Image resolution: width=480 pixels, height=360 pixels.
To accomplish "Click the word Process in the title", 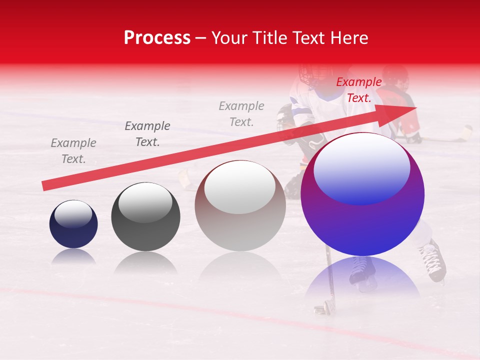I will (x=157, y=38).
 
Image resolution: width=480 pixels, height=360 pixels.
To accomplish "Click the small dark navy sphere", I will (x=73, y=224).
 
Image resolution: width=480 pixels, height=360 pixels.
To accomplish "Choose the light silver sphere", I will (x=240, y=205).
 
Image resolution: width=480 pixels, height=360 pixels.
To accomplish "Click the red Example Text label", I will (x=358, y=90).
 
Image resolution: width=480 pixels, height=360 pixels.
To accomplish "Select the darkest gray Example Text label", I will (x=147, y=133).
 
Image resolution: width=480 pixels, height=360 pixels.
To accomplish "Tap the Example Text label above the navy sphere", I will (x=73, y=150).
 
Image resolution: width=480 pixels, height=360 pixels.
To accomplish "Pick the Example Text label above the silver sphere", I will (x=241, y=113).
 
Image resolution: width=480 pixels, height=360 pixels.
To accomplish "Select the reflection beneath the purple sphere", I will (x=362, y=277).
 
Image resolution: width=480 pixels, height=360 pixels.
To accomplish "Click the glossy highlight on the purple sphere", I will (x=361, y=167).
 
